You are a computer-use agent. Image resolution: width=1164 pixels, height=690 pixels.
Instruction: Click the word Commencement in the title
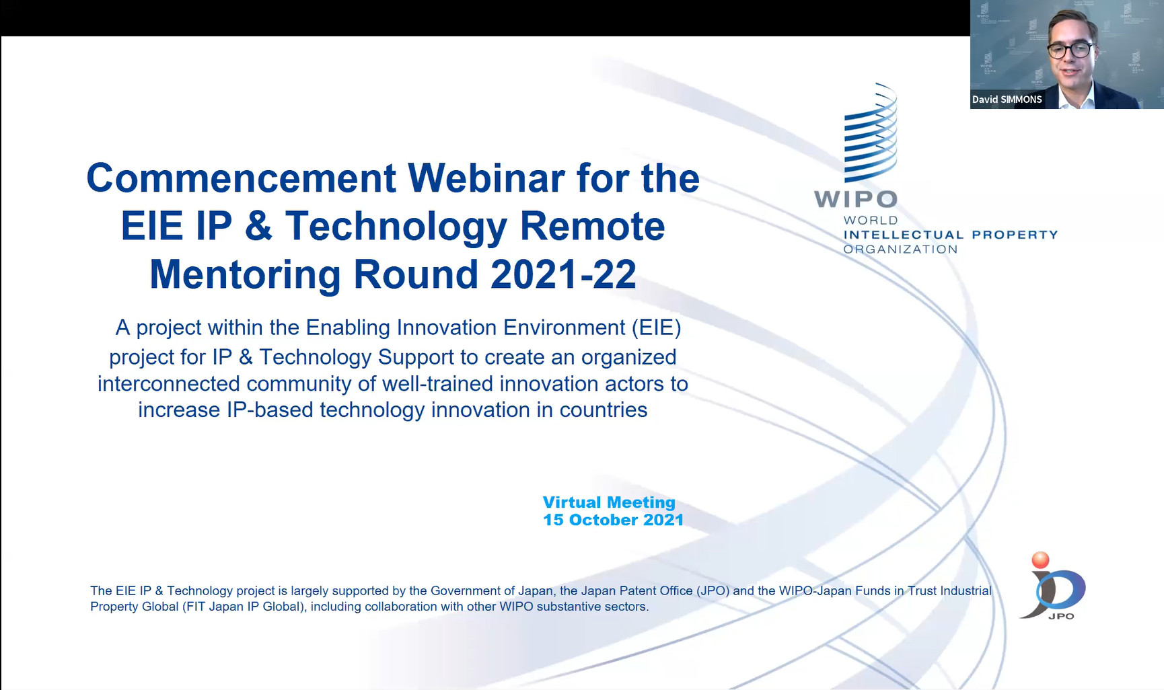coord(242,178)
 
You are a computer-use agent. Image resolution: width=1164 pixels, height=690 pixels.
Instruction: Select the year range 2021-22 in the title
coord(563,274)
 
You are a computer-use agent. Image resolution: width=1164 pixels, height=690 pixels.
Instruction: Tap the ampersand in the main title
coord(258,226)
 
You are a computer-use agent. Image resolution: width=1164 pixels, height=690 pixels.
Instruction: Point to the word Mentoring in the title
coord(246,276)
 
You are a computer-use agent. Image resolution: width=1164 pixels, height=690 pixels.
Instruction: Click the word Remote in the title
coord(593,226)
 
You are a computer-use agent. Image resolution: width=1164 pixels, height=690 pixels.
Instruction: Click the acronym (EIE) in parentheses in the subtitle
coord(656,328)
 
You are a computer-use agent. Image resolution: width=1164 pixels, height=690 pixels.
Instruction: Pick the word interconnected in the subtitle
coord(169,383)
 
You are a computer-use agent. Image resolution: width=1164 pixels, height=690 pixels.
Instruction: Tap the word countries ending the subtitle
coord(604,410)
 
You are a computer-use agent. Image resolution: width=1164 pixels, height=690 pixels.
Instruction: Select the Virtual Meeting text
coord(609,502)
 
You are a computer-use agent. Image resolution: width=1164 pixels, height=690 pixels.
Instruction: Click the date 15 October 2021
coord(614,520)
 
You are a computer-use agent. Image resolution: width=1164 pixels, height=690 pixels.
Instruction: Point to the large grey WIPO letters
coord(856,199)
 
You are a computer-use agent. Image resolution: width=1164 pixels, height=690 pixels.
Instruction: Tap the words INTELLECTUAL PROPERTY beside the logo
coord(951,235)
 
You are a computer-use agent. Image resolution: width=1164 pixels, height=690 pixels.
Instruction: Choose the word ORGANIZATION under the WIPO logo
coord(900,249)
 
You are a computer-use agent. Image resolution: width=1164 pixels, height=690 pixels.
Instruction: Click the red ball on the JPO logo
coord(1040,560)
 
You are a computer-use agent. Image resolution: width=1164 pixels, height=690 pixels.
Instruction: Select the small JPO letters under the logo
coord(1061,616)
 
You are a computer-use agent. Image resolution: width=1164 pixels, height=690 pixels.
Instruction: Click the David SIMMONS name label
coord(1007,100)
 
